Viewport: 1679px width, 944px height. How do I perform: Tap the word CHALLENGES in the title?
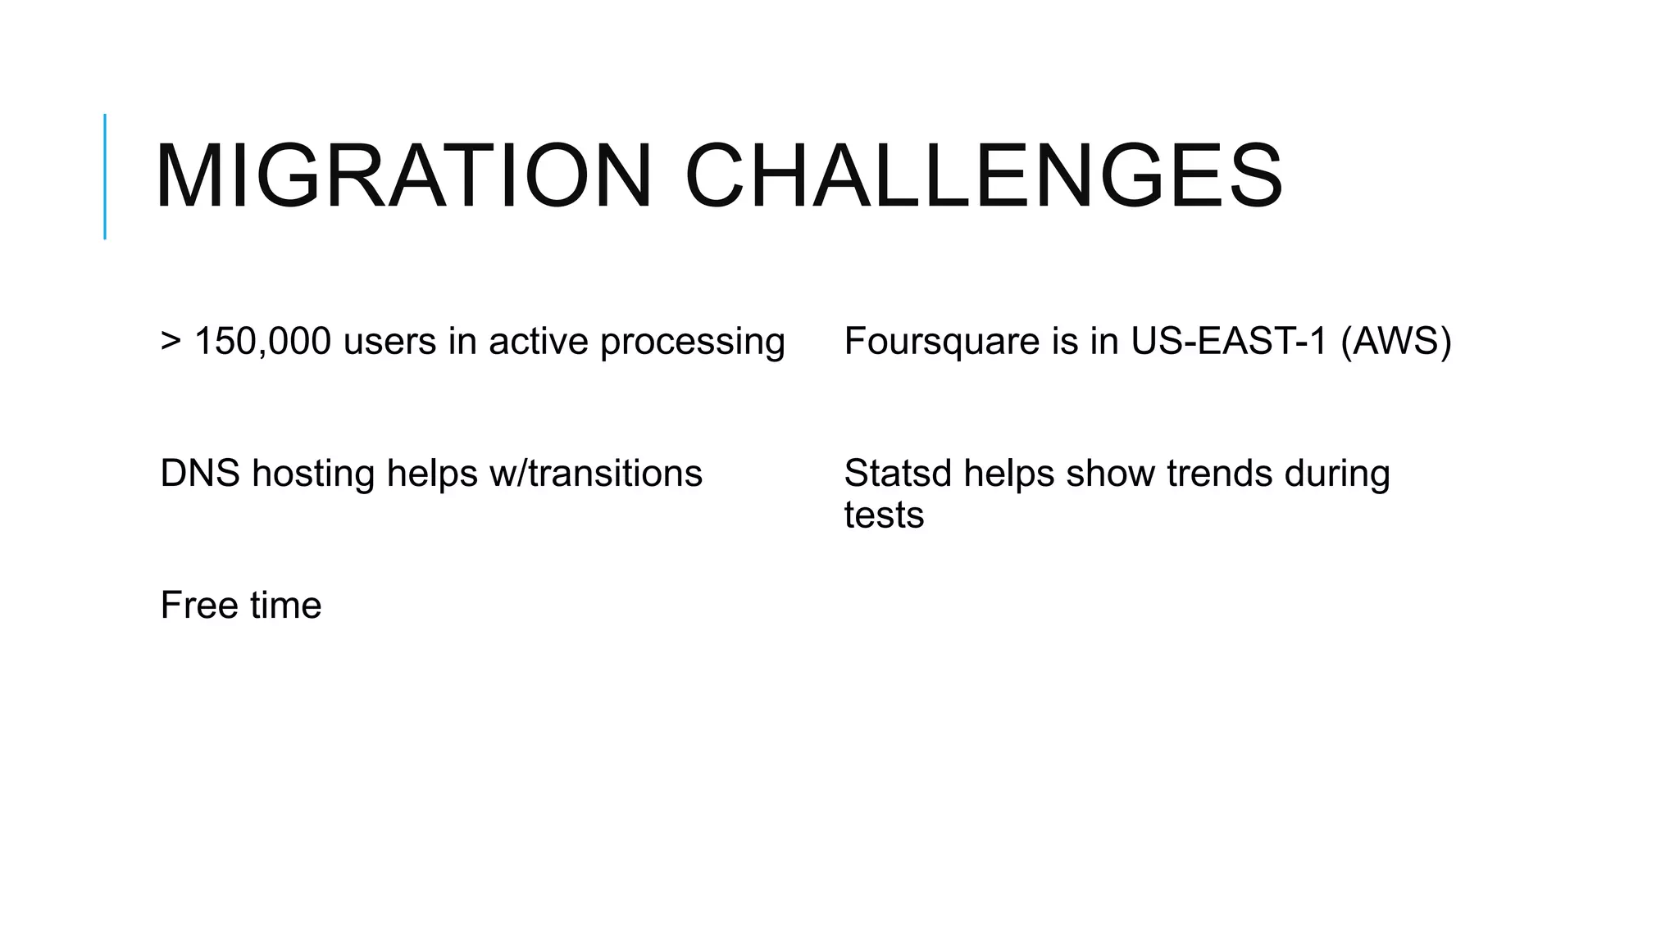pos(984,176)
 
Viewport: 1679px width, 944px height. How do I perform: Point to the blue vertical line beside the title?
pos(105,176)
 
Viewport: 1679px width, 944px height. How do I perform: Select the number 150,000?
pos(262,341)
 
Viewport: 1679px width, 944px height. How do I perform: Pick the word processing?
pos(693,343)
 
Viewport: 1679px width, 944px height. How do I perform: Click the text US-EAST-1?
pos(1228,341)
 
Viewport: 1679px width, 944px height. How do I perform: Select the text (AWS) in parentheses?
pos(1396,341)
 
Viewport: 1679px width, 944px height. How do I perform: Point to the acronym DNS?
pos(200,474)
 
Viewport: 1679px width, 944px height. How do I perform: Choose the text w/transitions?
pos(595,474)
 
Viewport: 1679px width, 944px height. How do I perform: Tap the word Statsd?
pos(898,474)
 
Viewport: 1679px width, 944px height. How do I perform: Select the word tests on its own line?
pos(884,515)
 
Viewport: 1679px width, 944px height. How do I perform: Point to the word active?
pos(539,341)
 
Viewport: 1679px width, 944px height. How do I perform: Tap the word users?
pos(389,341)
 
